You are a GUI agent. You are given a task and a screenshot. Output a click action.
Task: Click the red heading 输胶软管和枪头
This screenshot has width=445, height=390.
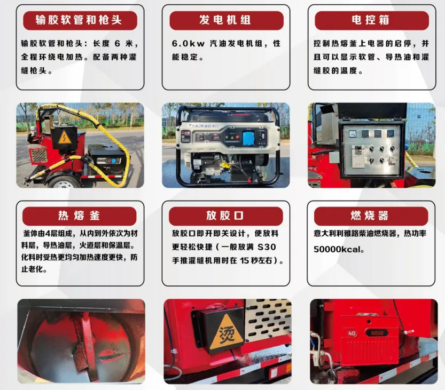coord(79,21)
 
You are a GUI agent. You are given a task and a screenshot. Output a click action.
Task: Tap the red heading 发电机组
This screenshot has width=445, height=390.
coord(225,21)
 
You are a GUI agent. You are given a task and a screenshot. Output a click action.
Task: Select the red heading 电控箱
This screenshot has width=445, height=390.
coord(371,21)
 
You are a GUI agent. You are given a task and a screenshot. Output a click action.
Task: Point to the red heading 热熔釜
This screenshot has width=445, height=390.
coord(79,216)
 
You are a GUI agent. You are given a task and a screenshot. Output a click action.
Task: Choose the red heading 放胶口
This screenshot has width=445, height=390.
coord(225,216)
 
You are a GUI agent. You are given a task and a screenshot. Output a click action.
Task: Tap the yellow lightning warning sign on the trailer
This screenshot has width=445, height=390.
coord(64,137)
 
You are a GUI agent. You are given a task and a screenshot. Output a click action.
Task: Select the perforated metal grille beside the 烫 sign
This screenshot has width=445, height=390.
coord(267,321)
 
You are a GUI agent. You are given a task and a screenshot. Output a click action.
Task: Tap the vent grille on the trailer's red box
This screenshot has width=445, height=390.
coord(38,156)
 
